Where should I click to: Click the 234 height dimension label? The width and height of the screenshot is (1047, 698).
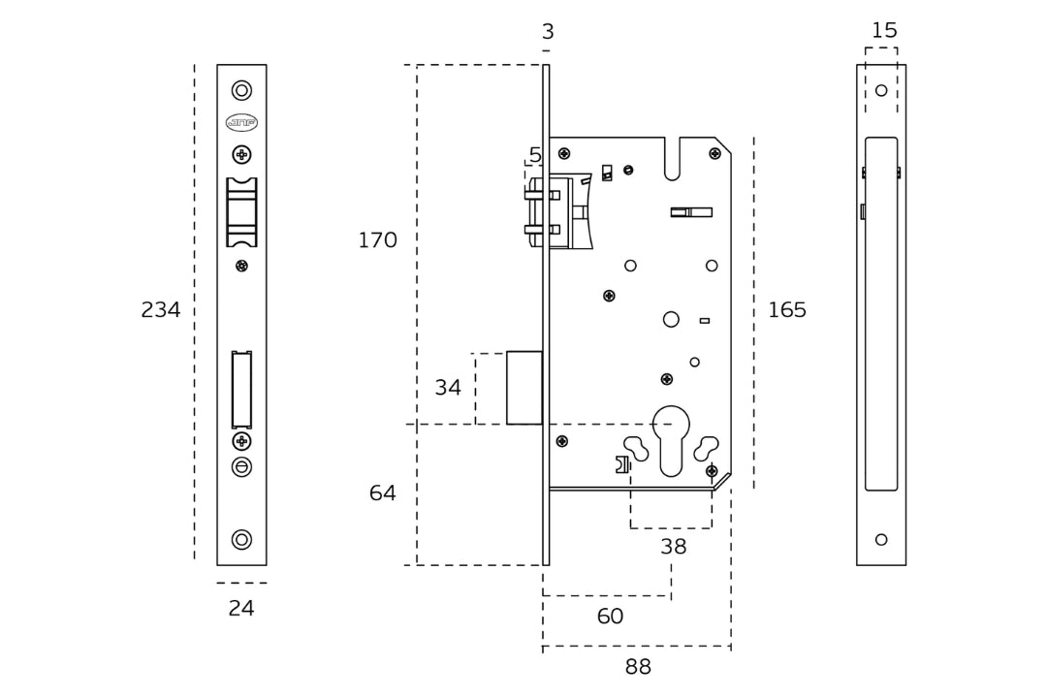pos(161,310)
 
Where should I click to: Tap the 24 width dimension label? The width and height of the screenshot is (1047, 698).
pos(241,609)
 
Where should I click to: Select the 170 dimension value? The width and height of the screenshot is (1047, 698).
pos(377,240)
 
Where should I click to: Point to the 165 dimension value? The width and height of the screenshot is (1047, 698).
pos(787,310)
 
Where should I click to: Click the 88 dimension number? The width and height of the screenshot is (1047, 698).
pos(638,667)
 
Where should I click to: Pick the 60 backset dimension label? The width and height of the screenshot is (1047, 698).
pos(610,617)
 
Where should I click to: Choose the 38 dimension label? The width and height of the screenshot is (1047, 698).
pos(673,547)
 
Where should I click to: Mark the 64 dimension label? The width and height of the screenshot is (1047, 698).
pos(383,493)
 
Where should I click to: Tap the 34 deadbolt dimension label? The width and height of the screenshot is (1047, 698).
pos(448,388)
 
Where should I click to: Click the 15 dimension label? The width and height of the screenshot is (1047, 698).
pos(884,31)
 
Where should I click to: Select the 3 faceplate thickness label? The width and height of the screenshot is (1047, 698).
pos(548,32)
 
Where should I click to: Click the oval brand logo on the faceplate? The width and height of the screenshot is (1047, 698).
pos(241,122)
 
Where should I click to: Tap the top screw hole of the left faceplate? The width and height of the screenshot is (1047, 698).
pos(241,90)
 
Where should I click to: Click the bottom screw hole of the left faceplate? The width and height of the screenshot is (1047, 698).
pos(241,539)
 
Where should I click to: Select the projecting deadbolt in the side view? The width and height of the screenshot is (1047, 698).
pos(524,388)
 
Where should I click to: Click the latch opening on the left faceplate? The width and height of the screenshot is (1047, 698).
pos(241,212)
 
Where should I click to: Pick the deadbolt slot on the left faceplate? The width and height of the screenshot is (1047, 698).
pos(241,389)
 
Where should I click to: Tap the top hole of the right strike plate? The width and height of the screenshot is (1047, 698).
pos(881,90)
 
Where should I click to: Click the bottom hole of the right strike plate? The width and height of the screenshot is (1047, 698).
pos(881,539)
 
